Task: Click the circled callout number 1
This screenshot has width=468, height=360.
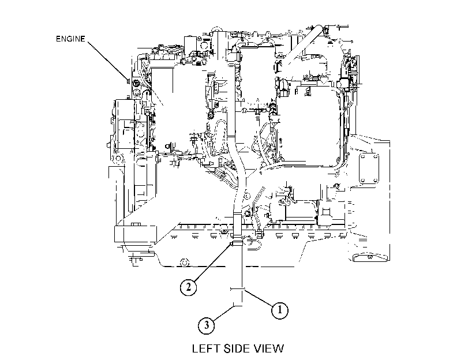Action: point(280,310)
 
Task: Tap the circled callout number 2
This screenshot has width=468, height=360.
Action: point(188,287)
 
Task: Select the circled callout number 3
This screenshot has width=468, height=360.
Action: point(207,325)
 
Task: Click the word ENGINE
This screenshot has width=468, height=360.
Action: point(70,39)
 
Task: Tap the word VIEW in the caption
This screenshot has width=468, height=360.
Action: point(268,348)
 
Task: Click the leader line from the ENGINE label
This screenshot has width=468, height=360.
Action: point(108,61)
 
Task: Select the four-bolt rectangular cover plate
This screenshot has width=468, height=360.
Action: point(369,168)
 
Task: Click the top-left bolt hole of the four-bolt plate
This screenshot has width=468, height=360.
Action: point(362,156)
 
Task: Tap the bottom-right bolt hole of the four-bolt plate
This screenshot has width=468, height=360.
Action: point(376,180)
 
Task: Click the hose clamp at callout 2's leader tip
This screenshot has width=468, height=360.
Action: point(237,243)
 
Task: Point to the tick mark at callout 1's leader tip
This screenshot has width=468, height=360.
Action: point(238,289)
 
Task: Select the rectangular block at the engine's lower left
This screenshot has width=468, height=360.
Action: point(135,234)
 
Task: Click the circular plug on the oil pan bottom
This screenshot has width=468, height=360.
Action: point(185,262)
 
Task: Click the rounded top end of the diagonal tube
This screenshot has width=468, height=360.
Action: point(320,28)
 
